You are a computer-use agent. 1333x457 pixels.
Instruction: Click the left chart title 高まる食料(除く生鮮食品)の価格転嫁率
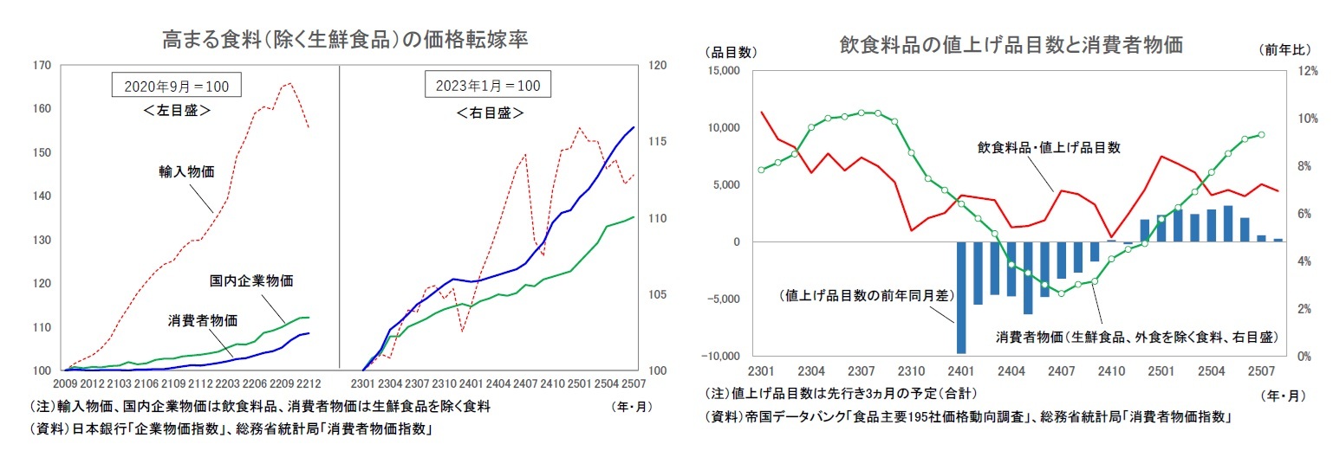coord(345,40)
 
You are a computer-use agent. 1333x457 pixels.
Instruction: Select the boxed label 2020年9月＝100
coord(176,87)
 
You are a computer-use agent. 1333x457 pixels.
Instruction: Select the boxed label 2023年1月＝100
coord(488,87)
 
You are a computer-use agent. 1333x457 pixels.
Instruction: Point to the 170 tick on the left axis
coord(42,66)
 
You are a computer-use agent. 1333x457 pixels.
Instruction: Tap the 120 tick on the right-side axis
coord(657,66)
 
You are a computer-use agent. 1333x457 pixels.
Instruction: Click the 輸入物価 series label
coord(185,171)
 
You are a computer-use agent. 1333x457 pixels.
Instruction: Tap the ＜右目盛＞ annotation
coord(488,113)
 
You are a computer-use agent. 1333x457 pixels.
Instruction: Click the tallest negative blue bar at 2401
coord(960,298)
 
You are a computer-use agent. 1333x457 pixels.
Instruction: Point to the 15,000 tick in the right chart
coord(722,71)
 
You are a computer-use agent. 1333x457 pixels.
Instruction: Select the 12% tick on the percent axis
coord(1307,71)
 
